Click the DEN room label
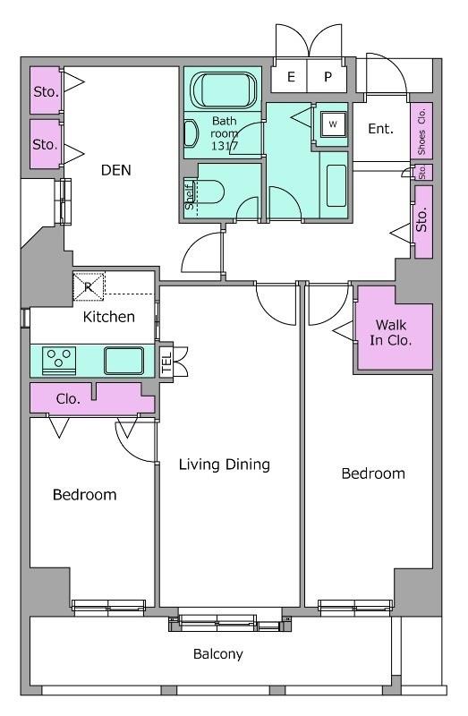(x=116, y=170)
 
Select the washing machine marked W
(x=333, y=124)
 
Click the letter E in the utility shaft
(x=291, y=77)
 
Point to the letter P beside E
(x=328, y=77)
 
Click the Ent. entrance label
(x=381, y=129)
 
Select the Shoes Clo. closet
(x=421, y=131)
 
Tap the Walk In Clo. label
(x=391, y=332)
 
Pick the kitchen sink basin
(x=123, y=361)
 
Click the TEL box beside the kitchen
(x=166, y=362)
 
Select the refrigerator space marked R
(x=89, y=286)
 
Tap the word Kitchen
(x=108, y=317)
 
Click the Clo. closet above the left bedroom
(x=68, y=399)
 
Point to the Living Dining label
(x=225, y=465)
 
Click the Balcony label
(x=217, y=654)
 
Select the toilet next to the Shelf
(x=210, y=192)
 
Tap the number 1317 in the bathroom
(x=225, y=147)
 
